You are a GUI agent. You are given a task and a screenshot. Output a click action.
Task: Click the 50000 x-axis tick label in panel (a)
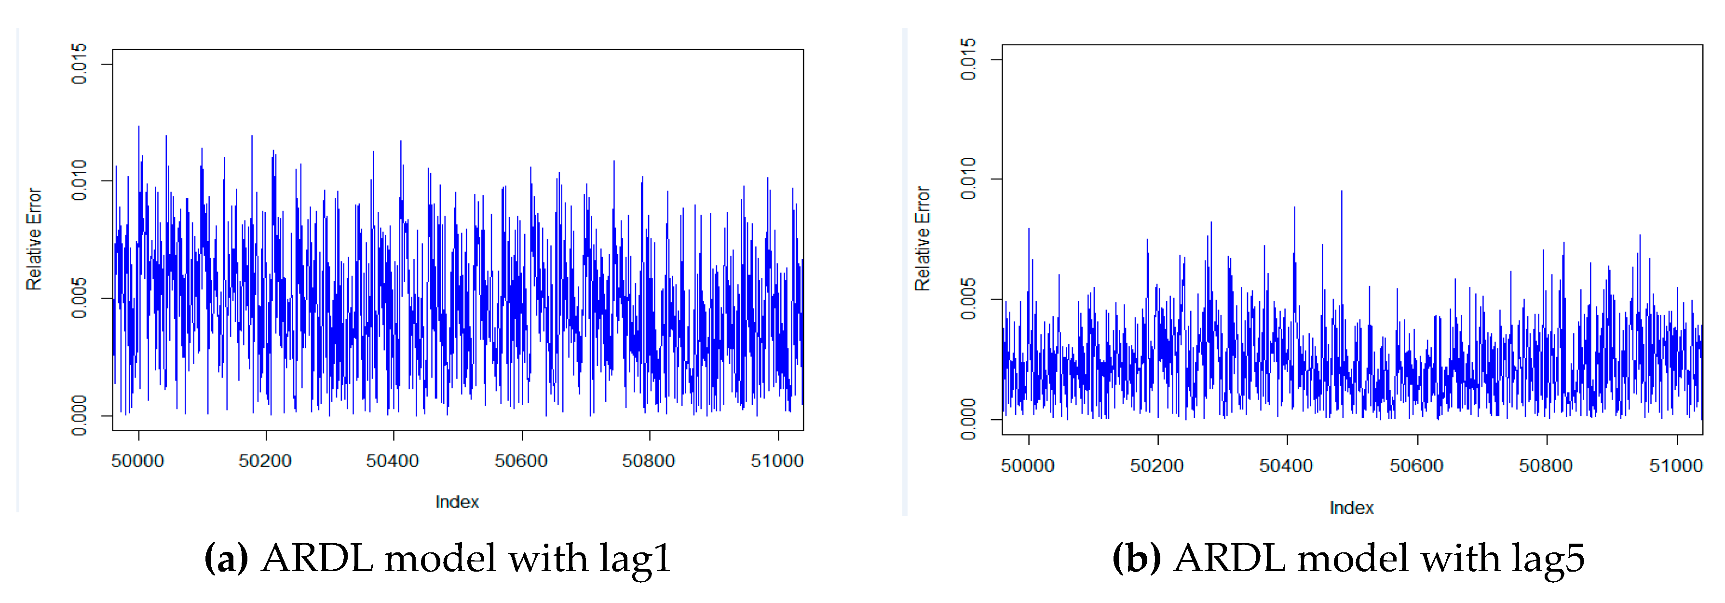[137, 461]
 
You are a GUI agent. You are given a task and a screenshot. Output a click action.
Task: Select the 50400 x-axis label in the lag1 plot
[393, 461]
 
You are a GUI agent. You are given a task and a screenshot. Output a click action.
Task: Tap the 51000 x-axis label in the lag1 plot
[777, 461]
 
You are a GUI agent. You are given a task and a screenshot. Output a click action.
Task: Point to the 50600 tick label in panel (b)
[1416, 466]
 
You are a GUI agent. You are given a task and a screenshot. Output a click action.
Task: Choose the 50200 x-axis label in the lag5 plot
[1156, 466]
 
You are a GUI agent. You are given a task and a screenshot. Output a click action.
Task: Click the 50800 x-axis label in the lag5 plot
[1546, 466]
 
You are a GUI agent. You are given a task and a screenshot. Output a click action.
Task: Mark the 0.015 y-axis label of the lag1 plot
[79, 64]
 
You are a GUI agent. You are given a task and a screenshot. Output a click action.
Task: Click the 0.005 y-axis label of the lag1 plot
[79, 298]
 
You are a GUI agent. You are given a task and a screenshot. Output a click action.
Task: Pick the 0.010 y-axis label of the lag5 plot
[968, 179]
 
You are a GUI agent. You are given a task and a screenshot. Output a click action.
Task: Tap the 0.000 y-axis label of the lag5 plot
[968, 419]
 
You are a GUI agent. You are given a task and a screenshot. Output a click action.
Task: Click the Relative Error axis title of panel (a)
[33, 239]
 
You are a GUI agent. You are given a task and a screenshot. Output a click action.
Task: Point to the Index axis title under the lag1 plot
[457, 502]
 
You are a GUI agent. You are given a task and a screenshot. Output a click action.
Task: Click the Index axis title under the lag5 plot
[1351, 508]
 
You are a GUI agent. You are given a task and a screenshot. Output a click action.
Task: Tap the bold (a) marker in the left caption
[226, 558]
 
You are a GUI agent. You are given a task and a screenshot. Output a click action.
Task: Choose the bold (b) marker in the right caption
[1136, 558]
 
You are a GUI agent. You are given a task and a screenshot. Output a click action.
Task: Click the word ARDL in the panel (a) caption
[317, 558]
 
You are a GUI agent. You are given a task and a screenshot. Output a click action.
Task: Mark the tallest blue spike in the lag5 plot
[1341, 192]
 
